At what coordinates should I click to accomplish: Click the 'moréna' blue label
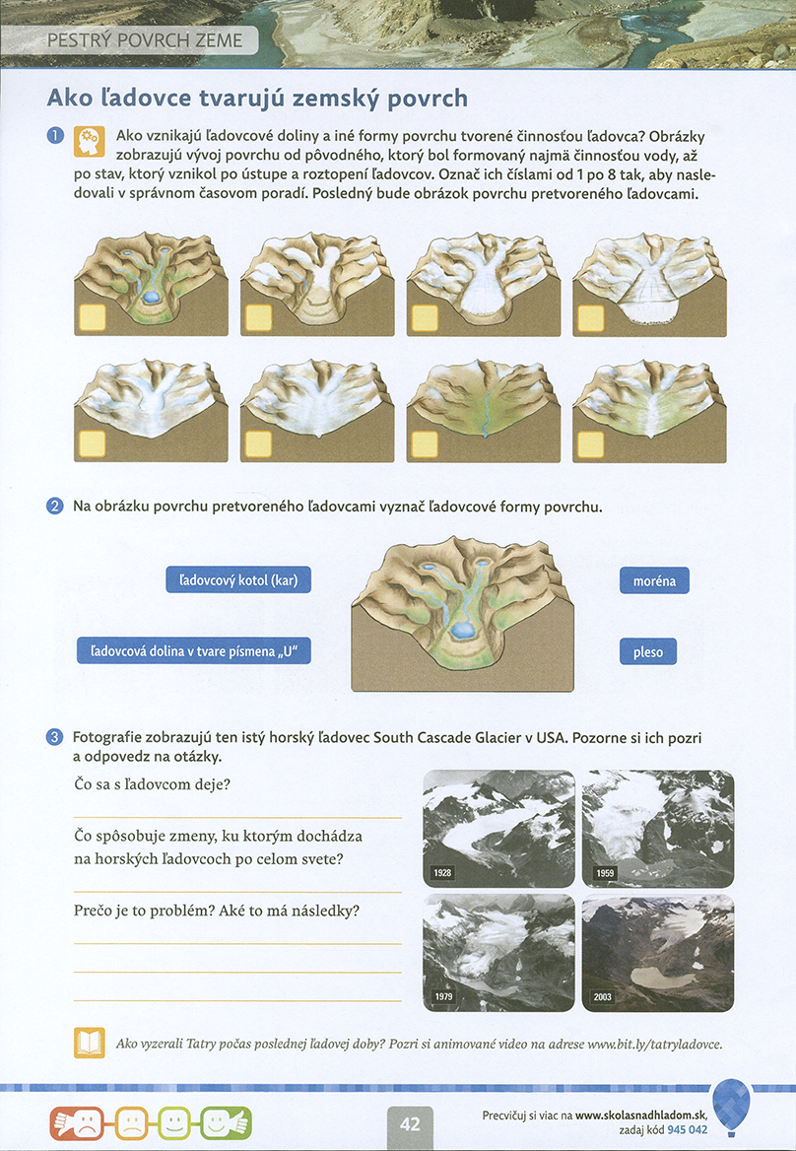(654, 580)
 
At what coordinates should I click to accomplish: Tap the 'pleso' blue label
(648, 651)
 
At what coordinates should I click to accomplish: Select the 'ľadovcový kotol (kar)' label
(238, 580)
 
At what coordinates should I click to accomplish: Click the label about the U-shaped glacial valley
(200, 651)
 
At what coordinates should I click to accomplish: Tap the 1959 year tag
(604, 874)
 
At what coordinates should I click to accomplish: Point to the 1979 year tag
(443, 997)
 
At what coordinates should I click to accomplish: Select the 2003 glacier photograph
(658, 952)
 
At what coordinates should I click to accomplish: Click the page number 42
(411, 1122)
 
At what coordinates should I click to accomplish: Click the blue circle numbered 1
(55, 135)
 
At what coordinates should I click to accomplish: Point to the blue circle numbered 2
(55, 508)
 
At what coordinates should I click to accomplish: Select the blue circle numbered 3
(55, 737)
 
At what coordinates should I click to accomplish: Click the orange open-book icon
(90, 1043)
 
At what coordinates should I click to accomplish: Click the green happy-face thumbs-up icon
(226, 1121)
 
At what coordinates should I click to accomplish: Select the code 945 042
(688, 1129)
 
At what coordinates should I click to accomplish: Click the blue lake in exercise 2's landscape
(460, 630)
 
